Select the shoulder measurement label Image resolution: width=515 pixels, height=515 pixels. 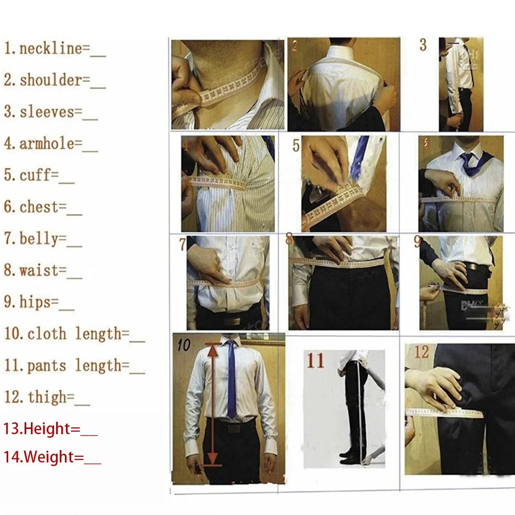coord(50,80)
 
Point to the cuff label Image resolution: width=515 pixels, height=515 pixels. coord(36,175)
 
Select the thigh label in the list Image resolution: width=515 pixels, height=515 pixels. coord(47,397)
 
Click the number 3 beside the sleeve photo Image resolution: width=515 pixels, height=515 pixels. coord(423,45)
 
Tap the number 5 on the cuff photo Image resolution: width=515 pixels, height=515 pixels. coord(296,146)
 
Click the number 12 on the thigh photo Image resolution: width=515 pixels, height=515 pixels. coord(421,352)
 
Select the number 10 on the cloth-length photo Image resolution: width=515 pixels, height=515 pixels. coord(184,345)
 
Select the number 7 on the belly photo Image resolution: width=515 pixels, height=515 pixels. coord(182,245)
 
